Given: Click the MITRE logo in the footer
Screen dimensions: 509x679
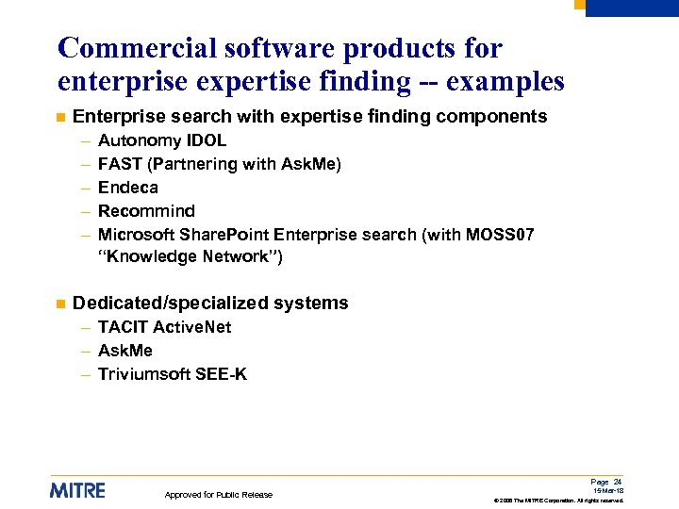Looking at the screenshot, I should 77,490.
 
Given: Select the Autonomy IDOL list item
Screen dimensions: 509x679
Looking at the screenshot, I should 162,140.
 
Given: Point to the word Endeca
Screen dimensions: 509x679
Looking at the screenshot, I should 128,188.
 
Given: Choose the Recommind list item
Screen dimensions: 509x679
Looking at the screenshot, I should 146,211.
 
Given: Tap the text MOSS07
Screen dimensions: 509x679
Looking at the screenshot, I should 500,235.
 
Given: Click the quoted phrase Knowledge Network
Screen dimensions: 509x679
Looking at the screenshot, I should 190,256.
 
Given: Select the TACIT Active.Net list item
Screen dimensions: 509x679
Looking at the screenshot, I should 164,327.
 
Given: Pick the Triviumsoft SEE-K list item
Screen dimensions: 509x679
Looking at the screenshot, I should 173,374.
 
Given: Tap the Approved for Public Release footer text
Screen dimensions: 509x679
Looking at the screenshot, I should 219,495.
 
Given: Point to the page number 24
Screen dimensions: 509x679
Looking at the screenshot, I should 617,482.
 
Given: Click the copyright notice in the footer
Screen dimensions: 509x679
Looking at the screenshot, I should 558,500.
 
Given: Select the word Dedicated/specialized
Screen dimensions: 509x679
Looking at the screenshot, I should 170,304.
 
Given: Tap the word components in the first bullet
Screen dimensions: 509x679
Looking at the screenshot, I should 500,117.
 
